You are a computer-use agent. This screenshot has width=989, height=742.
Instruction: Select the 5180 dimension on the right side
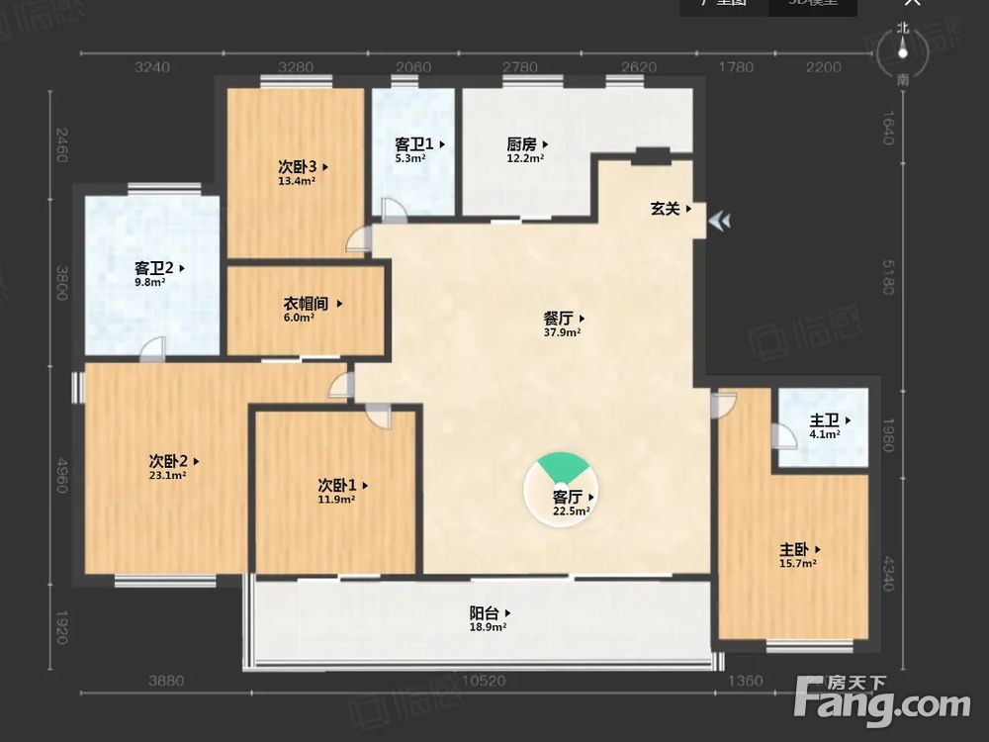(x=887, y=272)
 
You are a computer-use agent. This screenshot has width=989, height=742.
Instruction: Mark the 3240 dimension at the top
(x=152, y=67)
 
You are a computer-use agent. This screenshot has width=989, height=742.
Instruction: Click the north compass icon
(x=902, y=53)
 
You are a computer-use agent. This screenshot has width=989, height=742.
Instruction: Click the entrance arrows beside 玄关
(x=721, y=221)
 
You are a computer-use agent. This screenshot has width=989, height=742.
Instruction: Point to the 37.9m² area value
(x=562, y=332)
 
